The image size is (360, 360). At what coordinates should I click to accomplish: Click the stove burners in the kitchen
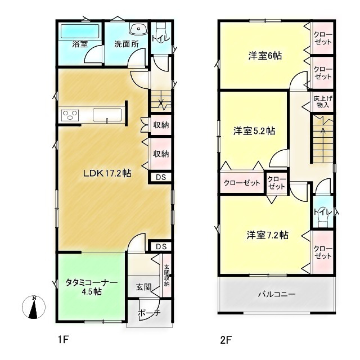[71, 115]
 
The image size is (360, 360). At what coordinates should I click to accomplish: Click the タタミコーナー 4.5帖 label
[84, 287]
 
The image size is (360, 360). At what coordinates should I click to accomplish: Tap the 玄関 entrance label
[143, 287]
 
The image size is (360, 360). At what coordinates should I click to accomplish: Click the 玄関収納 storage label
[166, 276]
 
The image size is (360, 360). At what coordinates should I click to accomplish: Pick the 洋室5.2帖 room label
[254, 131]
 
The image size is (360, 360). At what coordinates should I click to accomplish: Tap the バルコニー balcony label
[276, 294]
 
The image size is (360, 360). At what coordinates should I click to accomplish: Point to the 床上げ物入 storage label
[322, 101]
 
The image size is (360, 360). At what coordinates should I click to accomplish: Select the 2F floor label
[226, 340]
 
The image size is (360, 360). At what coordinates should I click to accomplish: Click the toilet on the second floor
[322, 216]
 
